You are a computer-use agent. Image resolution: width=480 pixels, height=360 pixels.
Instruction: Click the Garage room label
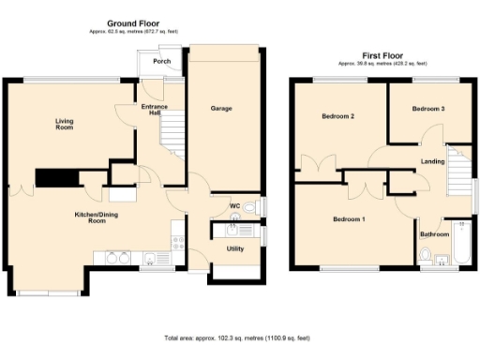coord(221,109)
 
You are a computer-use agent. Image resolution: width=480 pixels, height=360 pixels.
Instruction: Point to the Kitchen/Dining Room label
coord(97,218)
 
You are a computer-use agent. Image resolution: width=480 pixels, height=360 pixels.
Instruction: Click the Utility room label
coord(235,248)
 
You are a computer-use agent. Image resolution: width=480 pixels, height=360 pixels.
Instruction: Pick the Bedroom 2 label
coord(337,117)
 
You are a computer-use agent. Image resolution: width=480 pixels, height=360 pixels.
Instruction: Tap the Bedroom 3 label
coord(427,110)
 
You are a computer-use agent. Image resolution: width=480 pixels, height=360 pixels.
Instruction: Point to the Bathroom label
coord(433,234)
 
